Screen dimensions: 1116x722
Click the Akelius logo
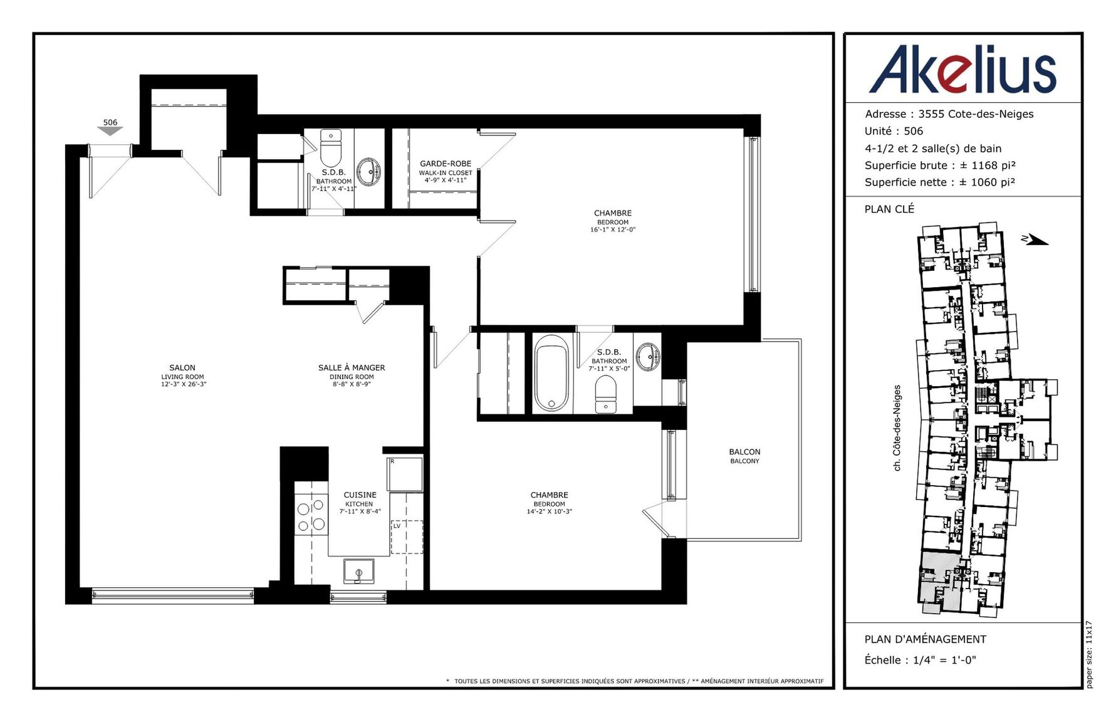pyautogui.click(x=962, y=69)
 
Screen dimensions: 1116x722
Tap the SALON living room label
pyautogui.click(x=183, y=375)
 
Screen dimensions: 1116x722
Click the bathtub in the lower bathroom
pyautogui.click(x=551, y=374)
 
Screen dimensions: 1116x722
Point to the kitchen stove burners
pyautogui.click(x=311, y=515)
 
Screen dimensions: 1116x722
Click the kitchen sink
pyautogui.click(x=358, y=572)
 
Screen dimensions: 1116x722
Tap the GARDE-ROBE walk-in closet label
pyautogui.click(x=446, y=171)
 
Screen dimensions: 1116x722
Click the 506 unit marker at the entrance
pyautogui.click(x=110, y=127)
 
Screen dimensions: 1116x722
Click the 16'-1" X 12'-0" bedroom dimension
pyautogui.click(x=613, y=230)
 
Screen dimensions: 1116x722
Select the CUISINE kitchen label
pyautogui.click(x=360, y=503)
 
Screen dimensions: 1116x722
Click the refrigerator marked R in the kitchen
pyautogui.click(x=405, y=474)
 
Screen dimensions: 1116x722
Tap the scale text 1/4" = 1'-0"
pyautogui.click(x=944, y=660)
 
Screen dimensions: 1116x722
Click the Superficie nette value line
pyautogui.click(x=940, y=182)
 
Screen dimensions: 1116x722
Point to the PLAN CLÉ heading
pyautogui.click(x=889, y=209)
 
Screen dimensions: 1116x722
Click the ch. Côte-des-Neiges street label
pyautogui.click(x=897, y=428)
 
